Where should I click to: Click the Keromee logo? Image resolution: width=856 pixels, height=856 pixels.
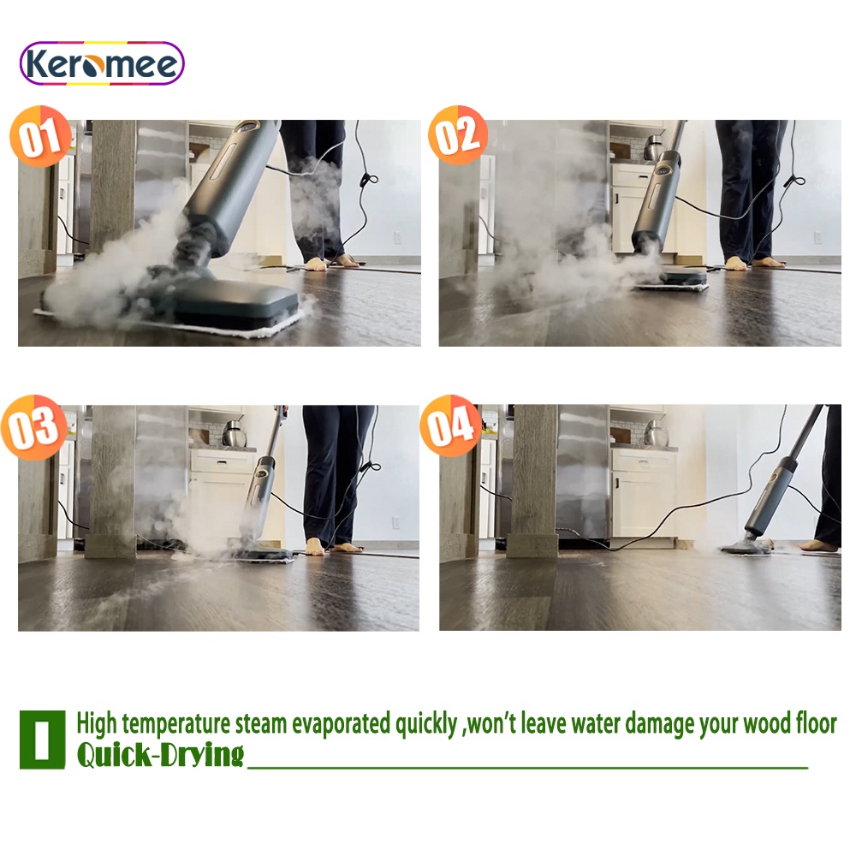point(102,63)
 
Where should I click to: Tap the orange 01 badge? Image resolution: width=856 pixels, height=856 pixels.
point(41,136)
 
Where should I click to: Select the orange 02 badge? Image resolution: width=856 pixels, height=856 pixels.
point(458,135)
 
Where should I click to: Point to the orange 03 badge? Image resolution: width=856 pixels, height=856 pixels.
point(34,427)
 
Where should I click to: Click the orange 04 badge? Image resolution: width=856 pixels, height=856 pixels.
point(451,425)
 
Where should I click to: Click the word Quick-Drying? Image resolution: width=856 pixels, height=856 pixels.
point(160,755)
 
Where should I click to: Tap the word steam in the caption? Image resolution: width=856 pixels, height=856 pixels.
point(260,724)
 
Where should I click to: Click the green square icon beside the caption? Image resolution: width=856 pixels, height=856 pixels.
point(43,740)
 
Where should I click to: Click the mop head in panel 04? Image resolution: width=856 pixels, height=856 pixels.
point(746,547)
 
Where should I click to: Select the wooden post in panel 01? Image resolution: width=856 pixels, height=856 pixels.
point(112,186)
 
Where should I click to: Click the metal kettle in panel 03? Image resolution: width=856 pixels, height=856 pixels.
point(235,434)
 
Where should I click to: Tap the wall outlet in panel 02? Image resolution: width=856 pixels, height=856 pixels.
point(817,237)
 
